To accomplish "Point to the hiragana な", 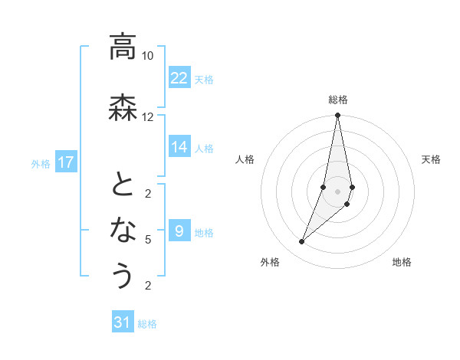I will tap(123, 229).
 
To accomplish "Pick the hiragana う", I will tap(123, 275).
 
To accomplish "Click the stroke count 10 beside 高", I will tap(147, 56).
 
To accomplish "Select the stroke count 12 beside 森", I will tap(147, 116).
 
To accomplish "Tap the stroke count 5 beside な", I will tap(147, 240).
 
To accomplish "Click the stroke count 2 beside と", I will tap(147, 193).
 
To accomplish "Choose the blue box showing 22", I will tap(179, 78).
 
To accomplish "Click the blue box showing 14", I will tap(179, 147).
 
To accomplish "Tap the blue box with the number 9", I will tap(179, 231).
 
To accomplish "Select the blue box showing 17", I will tap(66, 162).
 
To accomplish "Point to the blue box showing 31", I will tap(123, 322).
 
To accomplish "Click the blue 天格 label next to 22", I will tap(204, 79).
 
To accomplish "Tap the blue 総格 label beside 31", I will tap(147, 324).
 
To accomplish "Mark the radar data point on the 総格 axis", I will tap(337, 116).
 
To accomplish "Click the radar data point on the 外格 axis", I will tap(301, 242).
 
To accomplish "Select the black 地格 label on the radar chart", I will tap(402, 263).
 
